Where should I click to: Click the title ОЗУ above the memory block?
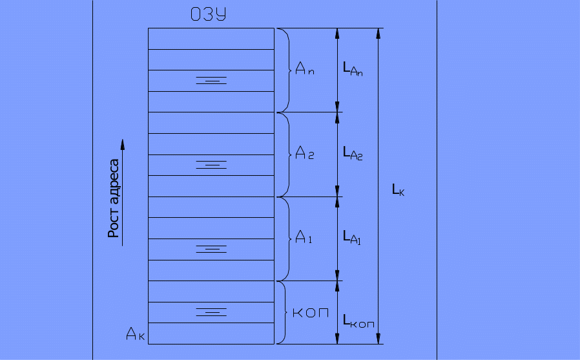coord(208,15)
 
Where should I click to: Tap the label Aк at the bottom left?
coord(136,334)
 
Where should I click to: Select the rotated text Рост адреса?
coord(114,198)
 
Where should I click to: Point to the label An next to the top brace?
coord(304,70)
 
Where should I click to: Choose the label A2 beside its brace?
coord(304,153)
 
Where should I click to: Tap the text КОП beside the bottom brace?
coord(311,313)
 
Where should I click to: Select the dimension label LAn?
coord(353,69)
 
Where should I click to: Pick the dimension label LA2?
coord(353,153)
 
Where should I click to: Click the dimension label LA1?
coord(352,237)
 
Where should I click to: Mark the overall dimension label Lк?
coord(398,189)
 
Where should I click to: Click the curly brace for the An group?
coord(284,70)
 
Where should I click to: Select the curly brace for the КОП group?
coord(282,313)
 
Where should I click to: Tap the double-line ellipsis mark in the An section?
coord(211,80)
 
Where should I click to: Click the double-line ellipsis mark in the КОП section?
coord(211,312)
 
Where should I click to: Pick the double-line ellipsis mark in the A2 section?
coord(211,164)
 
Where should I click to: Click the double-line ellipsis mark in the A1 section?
coord(211,248)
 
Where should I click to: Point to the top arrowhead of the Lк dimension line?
coord(379,34)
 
